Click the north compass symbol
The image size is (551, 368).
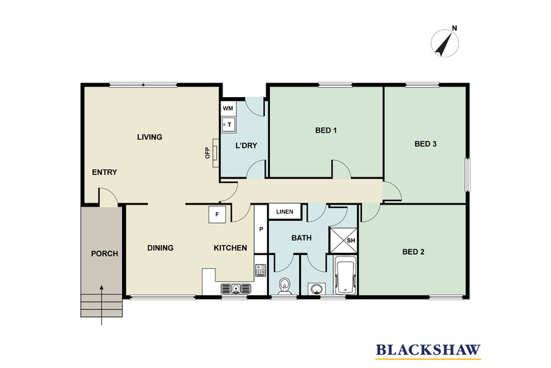click(x=444, y=43)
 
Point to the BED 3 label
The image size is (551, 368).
click(x=425, y=145)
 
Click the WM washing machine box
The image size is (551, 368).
click(x=228, y=109)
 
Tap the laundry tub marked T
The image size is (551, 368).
click(x=228, y=125)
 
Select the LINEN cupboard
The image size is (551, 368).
click(x=285, y=212)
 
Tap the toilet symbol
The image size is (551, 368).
click(x=285, y=286)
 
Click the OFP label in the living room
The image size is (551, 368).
click(x=207, y=153)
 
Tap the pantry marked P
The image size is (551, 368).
click(x=261, y=228)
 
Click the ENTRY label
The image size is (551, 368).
click(x=104, y=172)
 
